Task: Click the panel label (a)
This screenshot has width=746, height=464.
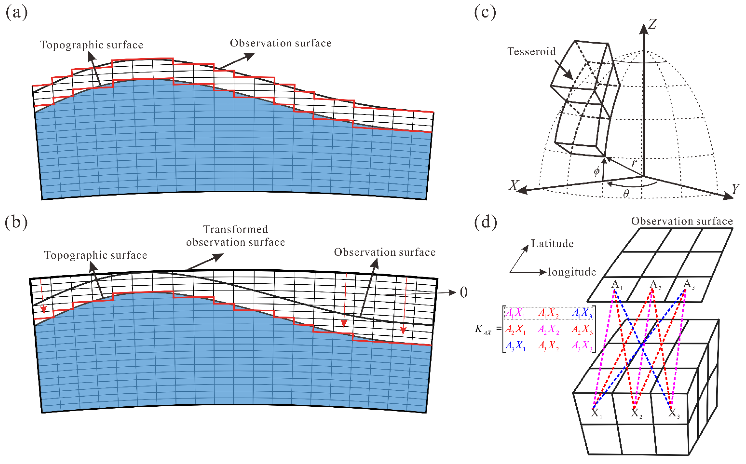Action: [x=17, y=13]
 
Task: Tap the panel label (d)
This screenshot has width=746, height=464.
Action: [x=485, y=222]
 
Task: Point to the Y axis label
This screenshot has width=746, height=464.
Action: [x=735, y=189]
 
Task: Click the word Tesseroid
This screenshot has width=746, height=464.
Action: [x=531, y=51]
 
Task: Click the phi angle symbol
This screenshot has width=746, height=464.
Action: [x=596, y=171]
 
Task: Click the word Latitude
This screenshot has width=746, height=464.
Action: [x=552, y=244]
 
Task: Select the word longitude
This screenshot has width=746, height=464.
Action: [x=572, y=272]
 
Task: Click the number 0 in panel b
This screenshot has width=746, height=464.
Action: [x=464, y=292]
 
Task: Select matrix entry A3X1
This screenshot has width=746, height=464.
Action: [x=515, y=346]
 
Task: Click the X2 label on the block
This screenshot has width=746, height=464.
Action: [x=636, y=413]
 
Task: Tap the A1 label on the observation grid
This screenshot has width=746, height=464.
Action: [x=616, y=285]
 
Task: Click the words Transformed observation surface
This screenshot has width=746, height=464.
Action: [x=236, y=236]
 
